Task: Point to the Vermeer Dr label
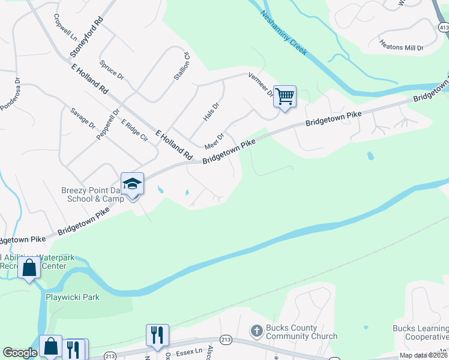tap(262, 85)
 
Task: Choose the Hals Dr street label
tap(211, 111)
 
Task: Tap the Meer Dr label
tap(214, 141)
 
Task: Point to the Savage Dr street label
tap(83, 118)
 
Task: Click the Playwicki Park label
tap(73, 296)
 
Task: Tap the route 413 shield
tap(443, 28)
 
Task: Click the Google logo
tap(20, 353)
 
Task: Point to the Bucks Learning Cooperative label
tap(420, 332)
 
